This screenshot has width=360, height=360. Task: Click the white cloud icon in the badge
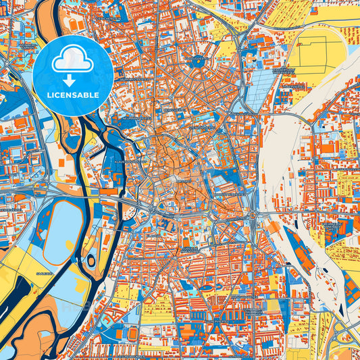coord(72,62)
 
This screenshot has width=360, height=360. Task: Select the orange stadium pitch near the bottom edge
coord(132,334)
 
